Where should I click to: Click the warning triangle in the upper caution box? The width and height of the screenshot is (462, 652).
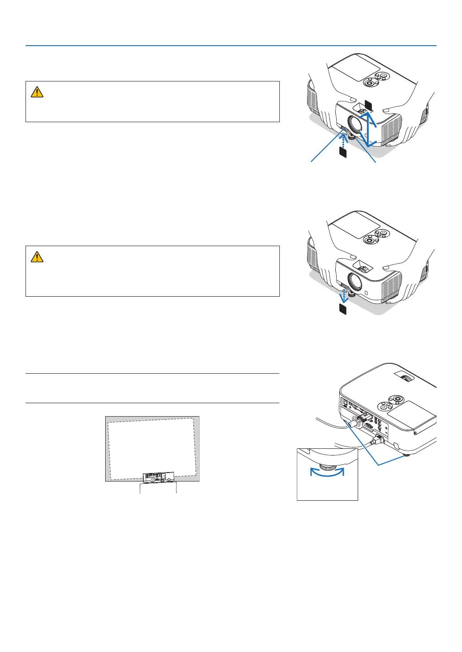(x=37, y=92)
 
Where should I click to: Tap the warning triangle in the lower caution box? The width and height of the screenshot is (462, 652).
(x=37, y=257)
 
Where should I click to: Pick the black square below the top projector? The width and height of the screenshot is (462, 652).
(x=343, y=153)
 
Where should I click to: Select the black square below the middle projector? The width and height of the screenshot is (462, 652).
(x=343, y=309)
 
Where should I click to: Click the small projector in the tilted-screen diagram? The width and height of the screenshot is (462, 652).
(x=159, y=477)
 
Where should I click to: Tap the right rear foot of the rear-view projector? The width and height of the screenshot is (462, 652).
(x=405, y=454)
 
